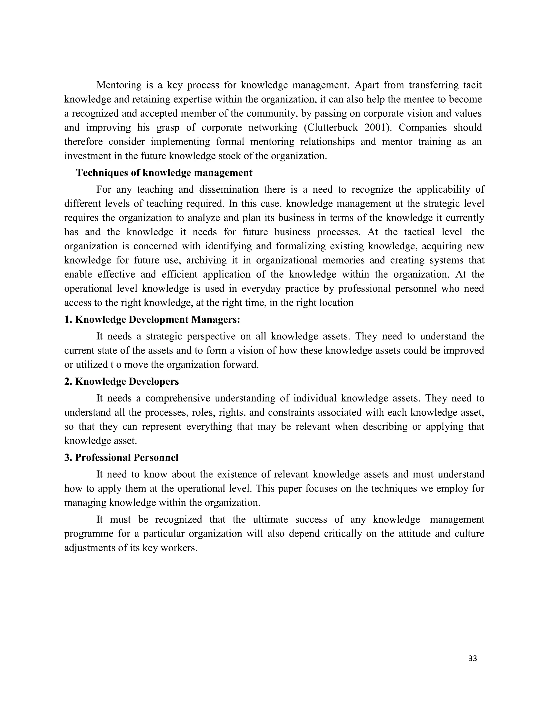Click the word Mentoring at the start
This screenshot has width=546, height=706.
pyautogui.click(x=119, y=85)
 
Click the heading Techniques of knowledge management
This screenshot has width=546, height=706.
pyautogui.click(x=164, y=173)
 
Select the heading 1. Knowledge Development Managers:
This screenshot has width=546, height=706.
pyautogui.click(x=152, y=319)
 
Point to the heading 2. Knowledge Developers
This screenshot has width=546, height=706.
pyautogui.click(x=121, y=382)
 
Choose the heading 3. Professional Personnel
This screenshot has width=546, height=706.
pyautogui.click(x=121, y=457)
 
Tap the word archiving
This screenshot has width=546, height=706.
pyautogui.click(x=205, y=260)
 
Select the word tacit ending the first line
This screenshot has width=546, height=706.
pyautogui.click(x=472, y=85)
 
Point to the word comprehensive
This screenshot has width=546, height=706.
pyautogui.click(x=178, y=398)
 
